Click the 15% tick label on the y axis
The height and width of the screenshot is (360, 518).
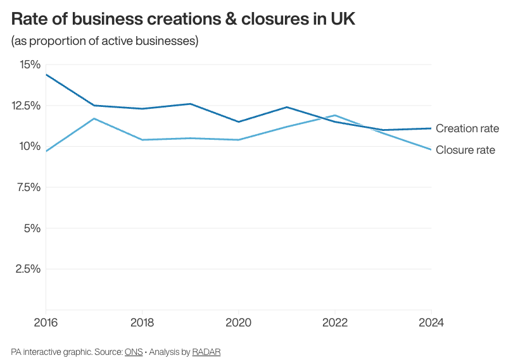pos(30,65)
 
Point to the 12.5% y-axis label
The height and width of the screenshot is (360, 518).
pos(26,106)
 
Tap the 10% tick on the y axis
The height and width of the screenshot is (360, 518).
pos(30,146)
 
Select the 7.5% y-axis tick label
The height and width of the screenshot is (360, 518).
pos(28,187)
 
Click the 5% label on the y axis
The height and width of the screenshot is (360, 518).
pos(32,228)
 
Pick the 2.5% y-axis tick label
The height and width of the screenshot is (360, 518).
pos(28,269)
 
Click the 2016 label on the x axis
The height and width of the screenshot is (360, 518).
pos(46,322)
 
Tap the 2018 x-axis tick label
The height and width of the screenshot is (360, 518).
pos(142,322)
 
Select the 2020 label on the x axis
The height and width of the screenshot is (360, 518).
pos(238,322)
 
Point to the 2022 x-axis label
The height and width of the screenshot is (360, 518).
pos(335,322)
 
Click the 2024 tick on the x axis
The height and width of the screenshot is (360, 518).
pos(431,322)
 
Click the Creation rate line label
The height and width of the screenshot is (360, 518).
pos(467,128)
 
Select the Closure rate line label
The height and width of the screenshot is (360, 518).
pos(465,150)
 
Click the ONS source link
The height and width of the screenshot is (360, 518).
pos(134,351)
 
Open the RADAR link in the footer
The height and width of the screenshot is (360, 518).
pos(206,351)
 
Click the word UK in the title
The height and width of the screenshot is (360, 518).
pos(343,19)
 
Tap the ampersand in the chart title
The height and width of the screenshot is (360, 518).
pos(229,19)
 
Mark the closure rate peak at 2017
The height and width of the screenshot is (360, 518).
pos(94,118)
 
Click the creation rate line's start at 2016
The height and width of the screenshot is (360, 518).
pos(46,75)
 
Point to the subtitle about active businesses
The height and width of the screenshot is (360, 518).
pos(105,41)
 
